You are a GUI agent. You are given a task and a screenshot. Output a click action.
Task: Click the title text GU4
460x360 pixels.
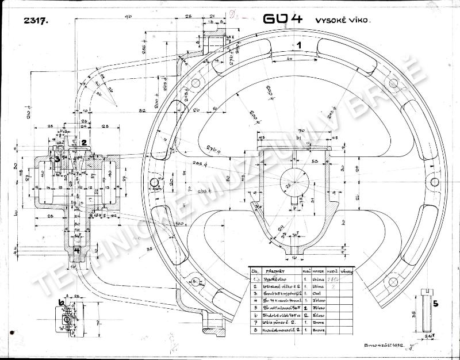pos(282,19)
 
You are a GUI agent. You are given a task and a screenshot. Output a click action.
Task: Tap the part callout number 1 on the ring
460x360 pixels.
pos(299,44)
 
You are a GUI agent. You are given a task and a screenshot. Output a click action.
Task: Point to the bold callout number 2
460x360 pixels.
pos(83,143)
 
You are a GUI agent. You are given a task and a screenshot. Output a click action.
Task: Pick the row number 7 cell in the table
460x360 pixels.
pos(254,323)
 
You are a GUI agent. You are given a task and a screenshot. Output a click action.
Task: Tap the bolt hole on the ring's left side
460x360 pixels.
pos(154,183)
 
